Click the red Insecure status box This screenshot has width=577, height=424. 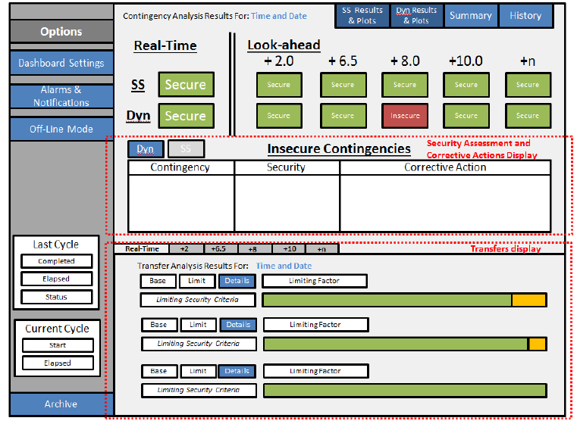click(x=405, y=116)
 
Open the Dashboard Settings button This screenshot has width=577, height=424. click(x=61, y=63)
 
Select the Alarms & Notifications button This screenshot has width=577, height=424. click(x=61, y=96)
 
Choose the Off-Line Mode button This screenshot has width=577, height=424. click(x=61, y=129)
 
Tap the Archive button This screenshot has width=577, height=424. click(x=61, y=404)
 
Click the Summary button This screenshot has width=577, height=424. click(x=470, y=15)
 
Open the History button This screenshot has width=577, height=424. click(x=525, y=15)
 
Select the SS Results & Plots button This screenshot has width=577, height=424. click(x=362, y=15)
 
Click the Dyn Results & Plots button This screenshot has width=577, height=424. click(x=416, y=15)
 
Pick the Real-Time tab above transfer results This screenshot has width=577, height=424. click(x=142, y=248)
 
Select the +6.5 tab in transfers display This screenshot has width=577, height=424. click(x=219, y=248)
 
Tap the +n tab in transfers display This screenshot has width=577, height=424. click(x=321, y=248)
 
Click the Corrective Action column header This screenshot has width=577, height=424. click(x=445, y=167)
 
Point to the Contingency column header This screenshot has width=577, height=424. click(x=180, y=167)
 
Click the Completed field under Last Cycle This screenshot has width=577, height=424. click(x=57, y=261)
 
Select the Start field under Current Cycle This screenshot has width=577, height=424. click(x=58, y=345)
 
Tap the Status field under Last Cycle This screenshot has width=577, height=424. click(x=57, y=297)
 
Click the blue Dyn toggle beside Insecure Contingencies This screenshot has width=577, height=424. click(x=145, y=149)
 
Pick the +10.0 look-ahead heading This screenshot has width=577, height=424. click(x=465, y=61)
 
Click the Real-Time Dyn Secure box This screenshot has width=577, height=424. click(x=186, y=116)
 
